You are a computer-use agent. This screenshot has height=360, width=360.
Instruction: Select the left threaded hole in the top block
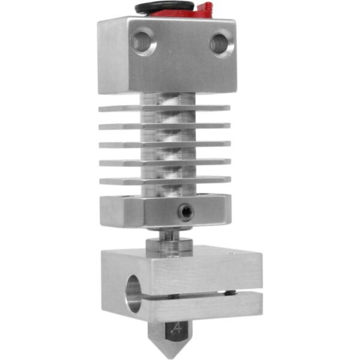145,43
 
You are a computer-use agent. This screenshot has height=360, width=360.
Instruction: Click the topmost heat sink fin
165,109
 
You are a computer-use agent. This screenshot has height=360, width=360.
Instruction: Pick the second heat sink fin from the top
165,127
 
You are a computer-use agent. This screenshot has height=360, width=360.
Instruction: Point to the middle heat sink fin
165,145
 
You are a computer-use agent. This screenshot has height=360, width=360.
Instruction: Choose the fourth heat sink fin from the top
165,163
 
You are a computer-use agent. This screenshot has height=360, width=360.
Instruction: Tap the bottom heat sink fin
165,181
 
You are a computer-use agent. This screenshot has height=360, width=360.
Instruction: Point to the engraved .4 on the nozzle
176,328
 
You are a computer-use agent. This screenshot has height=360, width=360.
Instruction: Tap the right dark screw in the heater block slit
228,293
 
